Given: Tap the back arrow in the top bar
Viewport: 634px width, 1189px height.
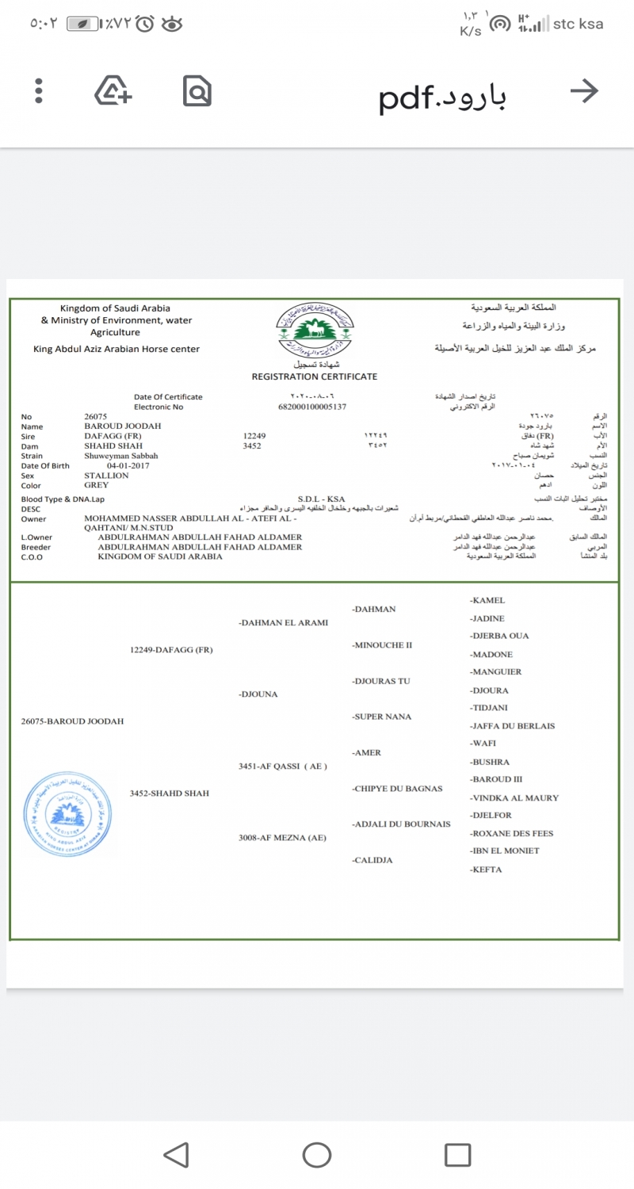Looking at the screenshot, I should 584,92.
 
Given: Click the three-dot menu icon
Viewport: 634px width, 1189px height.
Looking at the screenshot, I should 38,91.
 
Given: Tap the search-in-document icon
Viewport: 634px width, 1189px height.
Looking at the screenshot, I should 197,91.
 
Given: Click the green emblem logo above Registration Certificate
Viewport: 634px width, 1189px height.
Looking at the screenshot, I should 315,331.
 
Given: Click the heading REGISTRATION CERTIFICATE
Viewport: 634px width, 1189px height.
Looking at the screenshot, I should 315,377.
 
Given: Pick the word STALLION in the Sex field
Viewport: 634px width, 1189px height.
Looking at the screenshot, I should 106,476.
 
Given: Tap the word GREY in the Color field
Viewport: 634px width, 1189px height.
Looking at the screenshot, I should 97,485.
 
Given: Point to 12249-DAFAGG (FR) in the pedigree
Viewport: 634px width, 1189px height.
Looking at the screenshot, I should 171,650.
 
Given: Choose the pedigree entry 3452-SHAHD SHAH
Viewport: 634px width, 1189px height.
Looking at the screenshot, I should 170,793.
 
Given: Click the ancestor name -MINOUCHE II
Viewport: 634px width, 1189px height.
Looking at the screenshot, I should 382,645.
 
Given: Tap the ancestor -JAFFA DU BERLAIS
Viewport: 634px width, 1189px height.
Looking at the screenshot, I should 513,726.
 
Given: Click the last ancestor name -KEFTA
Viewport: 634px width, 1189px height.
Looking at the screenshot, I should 487,870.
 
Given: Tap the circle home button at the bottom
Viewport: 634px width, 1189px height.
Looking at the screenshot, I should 317,1154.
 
